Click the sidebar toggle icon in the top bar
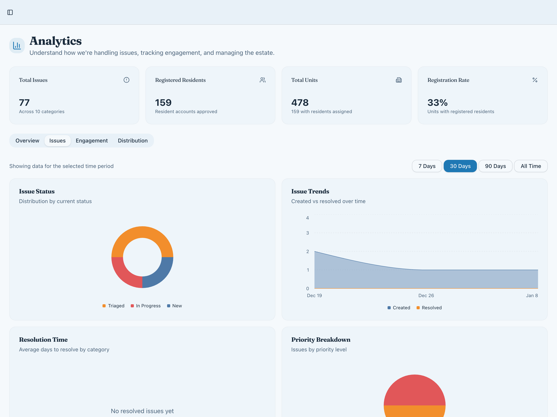tap(10, 12)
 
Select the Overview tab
tap(27, 141)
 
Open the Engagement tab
tap(92, 141)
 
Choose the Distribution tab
tap(133, 141)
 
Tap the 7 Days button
tap(427, 166)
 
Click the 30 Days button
tap(460, 166)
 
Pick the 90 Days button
tap(495, 166)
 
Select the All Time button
tap(531, 166)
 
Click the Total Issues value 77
tap(24, 103)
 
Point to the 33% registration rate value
tap(437, 103)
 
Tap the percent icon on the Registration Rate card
tap(535, 80)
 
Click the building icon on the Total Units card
tap(399, 80)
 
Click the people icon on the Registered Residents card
tap(263, 80)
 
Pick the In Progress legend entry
tap(146, 306)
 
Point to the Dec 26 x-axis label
tap(426, 296)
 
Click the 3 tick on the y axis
tap(308, 233)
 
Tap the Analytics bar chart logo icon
tap(17, 46)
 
